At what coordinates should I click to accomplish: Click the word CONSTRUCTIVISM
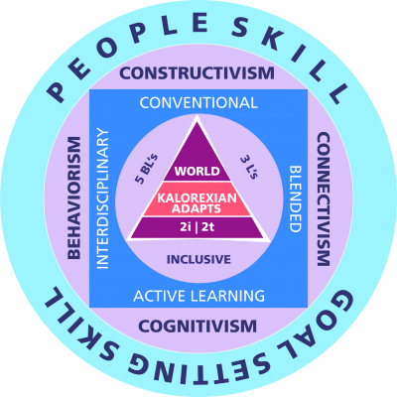198,72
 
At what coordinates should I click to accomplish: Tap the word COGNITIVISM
198,327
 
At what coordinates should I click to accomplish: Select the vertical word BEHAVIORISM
74,198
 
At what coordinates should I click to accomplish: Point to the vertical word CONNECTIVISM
324,199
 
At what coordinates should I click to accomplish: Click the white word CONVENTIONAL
198,103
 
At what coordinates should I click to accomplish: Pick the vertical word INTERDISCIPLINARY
102,198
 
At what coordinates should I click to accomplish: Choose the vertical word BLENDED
295,198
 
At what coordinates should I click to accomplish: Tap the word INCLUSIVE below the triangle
198,259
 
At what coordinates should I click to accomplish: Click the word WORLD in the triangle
198,171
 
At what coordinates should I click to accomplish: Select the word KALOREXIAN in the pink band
198,198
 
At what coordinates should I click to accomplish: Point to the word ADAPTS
197,208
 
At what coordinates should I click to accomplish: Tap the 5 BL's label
145,169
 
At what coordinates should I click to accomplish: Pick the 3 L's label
249,167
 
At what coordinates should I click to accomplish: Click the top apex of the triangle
198,116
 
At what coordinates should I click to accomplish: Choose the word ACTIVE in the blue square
156,296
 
